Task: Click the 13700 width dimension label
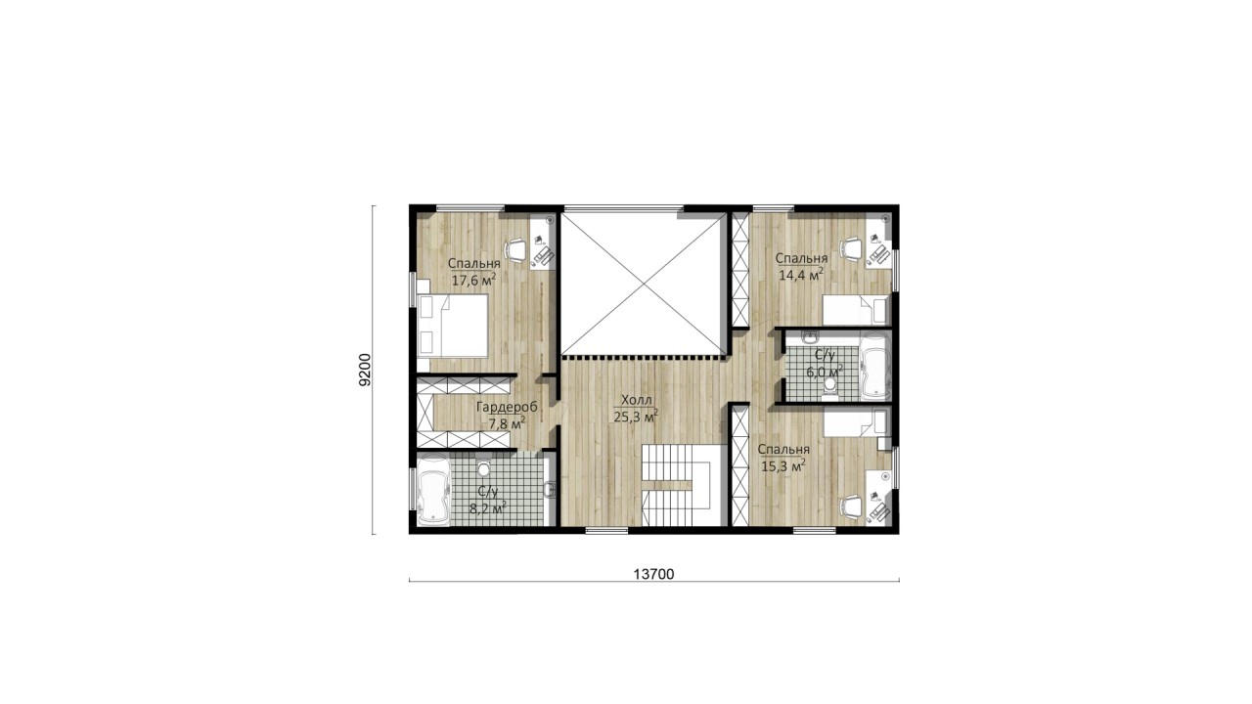click(654, 574)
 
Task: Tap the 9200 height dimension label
click(365, 370)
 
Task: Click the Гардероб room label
click(507, 407)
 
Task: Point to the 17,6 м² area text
click(473, 280)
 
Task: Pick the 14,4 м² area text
click(800, 275)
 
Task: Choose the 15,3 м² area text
click(783, 465)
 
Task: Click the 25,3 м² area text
click(636, 417)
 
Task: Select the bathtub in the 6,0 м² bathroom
click(874, 367)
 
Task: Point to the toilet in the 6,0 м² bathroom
click(830, 388)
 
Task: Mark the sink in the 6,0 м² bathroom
click(809, 337)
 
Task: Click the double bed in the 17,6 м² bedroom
click(453, 326)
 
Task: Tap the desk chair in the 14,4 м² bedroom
click(852, 248)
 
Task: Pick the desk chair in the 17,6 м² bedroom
click(516, 251)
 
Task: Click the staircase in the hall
click(676, 485)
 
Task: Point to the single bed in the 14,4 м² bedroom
click(855, 310)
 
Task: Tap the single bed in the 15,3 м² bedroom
click(855, 421)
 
